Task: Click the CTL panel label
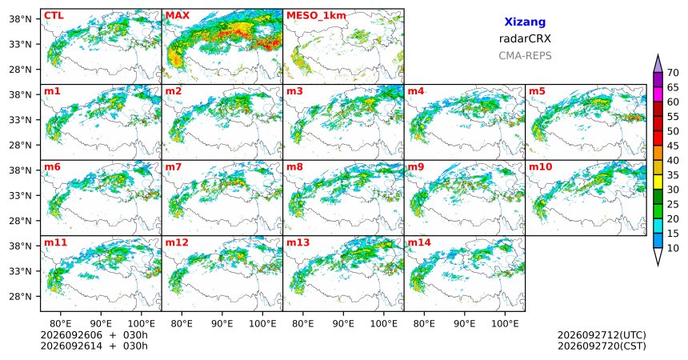[54, 16]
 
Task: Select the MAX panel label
[178, 16]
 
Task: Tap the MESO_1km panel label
[316, 16]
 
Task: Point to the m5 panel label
[537, 91]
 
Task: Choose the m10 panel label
[540, 167]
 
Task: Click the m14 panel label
[419, 242]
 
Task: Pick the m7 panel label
[174, 167]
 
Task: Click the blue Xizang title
[525, 22]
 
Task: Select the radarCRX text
[525, 38]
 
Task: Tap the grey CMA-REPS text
[525, 56]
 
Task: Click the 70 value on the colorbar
[673, 73]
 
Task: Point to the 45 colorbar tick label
[673, 146]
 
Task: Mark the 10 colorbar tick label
[673, 248]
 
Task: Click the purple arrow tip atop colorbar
[658, 55]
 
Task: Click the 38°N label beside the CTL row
[20, 19]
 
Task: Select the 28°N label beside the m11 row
[20, 296]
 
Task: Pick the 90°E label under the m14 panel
[464, 324]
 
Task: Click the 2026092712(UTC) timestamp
[602, 335]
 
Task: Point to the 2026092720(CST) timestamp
[602, 346]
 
